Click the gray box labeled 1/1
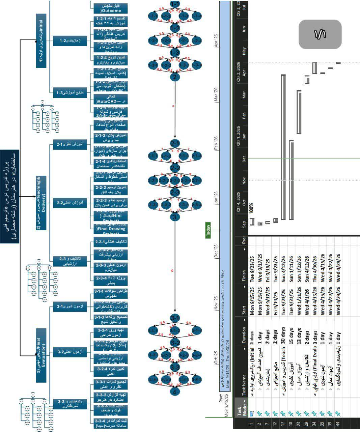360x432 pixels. tap(320, 34)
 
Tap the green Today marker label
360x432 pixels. tap(208, 230)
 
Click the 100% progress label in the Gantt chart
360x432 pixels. tap(251, 206)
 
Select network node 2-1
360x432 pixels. tap(175, 143)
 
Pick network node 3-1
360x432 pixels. tap(175, 318)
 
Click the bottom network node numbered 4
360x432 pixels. tap(174, 392)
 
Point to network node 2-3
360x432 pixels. tap(175, 192)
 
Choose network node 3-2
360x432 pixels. tap(175, 343)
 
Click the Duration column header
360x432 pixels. tap(244, 334)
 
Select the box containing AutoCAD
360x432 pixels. tap(110, 99)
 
